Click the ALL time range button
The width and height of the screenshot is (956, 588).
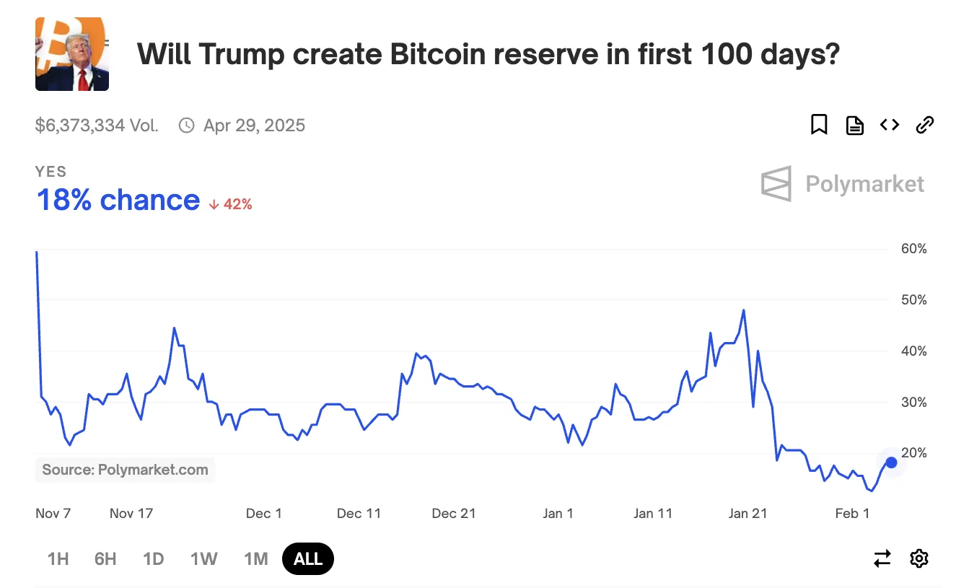(308, 559)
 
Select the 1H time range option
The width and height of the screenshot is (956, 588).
(58, 559)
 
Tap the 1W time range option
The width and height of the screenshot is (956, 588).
(204, 559)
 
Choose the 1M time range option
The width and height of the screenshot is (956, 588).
(256, 559)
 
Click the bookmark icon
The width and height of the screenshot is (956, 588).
(819, 125)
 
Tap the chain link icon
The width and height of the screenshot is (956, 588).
(924, 125)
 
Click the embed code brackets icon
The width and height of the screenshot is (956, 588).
(890, 125)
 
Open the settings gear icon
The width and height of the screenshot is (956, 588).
(918, 558)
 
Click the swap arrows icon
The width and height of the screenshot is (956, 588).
(882, 558)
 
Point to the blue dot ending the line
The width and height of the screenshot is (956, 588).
(891, 462)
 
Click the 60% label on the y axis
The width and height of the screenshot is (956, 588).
(913, 249)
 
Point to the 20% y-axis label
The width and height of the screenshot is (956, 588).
(913, 453)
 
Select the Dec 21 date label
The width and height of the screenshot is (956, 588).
(454, 514)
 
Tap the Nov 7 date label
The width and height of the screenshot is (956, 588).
(53, 514)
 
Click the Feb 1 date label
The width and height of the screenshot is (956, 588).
(852, 514)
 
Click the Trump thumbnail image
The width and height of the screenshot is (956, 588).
(72, 54)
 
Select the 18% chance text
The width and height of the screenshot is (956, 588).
(118, 200)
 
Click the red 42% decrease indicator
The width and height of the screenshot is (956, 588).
(231, 204)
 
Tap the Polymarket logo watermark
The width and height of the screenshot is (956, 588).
(842, 184)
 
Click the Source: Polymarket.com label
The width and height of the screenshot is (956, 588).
(125, 470)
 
